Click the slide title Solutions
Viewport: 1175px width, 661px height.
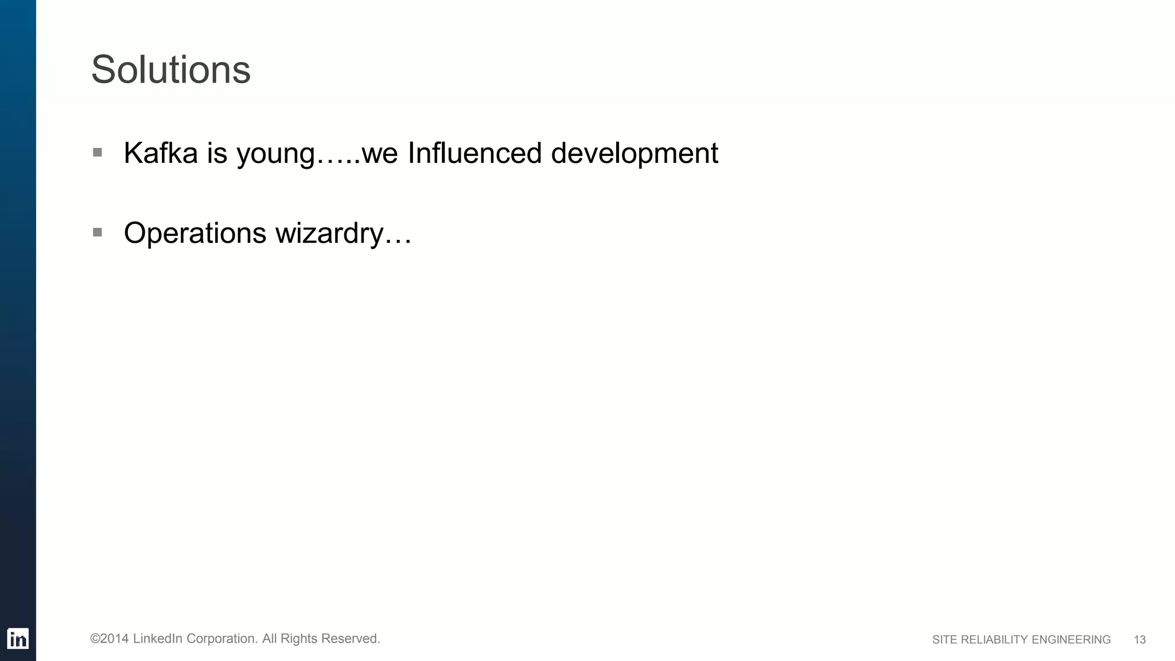(x=170, y=70)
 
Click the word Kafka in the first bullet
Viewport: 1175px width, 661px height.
(x=161, y=153)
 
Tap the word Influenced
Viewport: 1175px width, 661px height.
(x=474, y=153)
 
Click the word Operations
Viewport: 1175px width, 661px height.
(x=195, y=234)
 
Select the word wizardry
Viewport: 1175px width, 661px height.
(x=329, y=234)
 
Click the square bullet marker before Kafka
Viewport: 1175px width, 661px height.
(x=98, y=153)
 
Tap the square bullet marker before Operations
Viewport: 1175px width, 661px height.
(x=98, y=232)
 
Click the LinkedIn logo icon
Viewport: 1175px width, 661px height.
(x=18, y=639)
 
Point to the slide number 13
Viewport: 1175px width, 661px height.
(x=1139, y=640)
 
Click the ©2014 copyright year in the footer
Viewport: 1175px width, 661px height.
(x=109, y=639)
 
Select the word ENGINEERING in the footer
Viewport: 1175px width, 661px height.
(x=1071, y=640)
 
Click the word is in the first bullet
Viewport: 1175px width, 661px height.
(x=217, y=153)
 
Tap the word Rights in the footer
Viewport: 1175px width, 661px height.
(x=299, y=639)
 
